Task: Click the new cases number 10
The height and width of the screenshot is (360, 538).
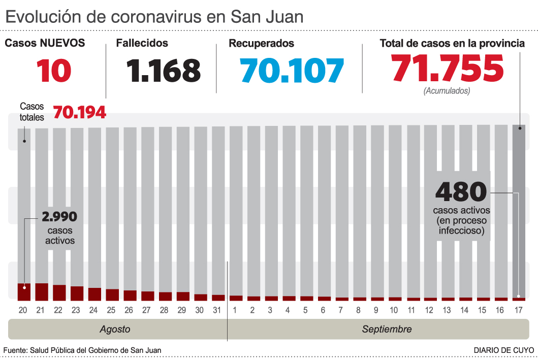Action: pyautogui.click(x=53, y=71)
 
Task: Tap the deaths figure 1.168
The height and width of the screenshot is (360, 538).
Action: pyautogui.click(x=165, y=71)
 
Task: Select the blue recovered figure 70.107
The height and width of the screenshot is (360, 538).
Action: pyautogui.click(x=293, y=71)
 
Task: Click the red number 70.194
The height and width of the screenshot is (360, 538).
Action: pyautogui.click(x=80, y=112)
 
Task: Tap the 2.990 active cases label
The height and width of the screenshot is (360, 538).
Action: pyautogui.click(x=59, y=217)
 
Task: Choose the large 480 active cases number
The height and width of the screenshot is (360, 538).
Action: pyautogui.click(x=461, y=192)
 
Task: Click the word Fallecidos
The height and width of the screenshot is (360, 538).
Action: pyautogui.click(x=142, y=44)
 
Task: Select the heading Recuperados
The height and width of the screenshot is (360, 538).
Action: pyautogui.click(x=261, y=44)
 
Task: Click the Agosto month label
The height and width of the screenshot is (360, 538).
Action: pyautogui.click(x=115, y=329)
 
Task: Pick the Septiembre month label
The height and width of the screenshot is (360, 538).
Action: pyautogui.click(x=387, y=329)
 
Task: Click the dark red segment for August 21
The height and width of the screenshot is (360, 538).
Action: pyautogui.click(x=42, y=291)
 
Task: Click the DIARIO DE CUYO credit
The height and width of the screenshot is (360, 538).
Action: pyautogui.click(x=503, y=350)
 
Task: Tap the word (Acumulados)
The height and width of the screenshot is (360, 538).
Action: pyautogui.click(x=447, y=91)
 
